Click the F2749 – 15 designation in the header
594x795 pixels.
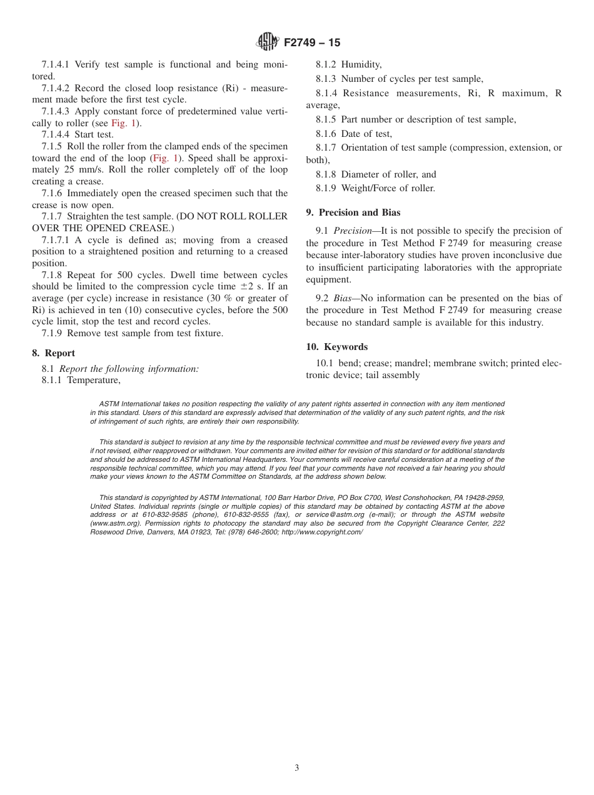click(x=311, y=42)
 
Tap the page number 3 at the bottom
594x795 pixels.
click(x=297, y=767)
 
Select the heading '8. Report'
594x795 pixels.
click(x=53, y=353)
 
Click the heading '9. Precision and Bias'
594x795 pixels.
click(x=353, y=212)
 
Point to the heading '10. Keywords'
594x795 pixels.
click(x=336, y=347)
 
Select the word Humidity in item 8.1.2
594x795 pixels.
click(x=361, y=64)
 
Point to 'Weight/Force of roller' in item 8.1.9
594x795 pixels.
click(x=388, y=188)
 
